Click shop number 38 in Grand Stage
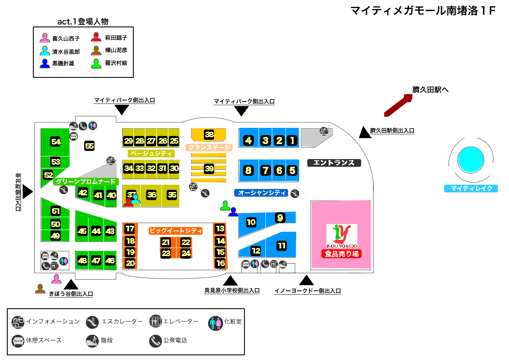click(209, 134)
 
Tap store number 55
click(89, 146)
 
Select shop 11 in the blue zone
click(282, 246)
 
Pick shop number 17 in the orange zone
click(130, 229)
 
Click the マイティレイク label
click(471, 188)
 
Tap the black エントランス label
click(334, 162)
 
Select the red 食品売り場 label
click(341, 254)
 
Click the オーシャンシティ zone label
click(262, 193)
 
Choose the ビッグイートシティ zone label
click(176, 231)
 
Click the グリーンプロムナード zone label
click(85, 182)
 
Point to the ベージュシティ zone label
click(151, 153)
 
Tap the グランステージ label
click(209, 148)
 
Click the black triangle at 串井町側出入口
click(28, 192)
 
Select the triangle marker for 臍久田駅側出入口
click(365, 133)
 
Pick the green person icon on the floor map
click(225, 206)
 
